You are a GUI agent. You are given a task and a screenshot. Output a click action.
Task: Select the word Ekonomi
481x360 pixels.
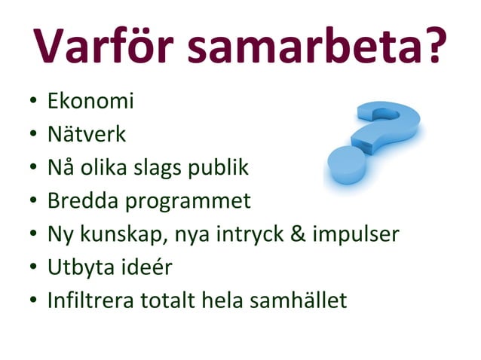click(x=90, y=101)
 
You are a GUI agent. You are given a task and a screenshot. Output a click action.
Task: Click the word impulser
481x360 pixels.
click(x=354, y=235)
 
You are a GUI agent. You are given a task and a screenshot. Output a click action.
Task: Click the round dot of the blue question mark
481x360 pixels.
click(x=344, y=163)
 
